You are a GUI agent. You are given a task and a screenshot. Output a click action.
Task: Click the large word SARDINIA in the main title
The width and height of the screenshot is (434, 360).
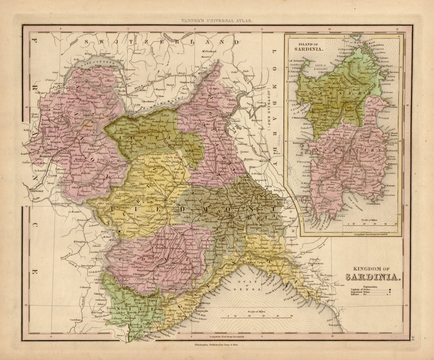pos(373,277)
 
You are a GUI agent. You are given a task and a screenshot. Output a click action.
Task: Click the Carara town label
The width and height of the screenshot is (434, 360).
pos(331,300)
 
